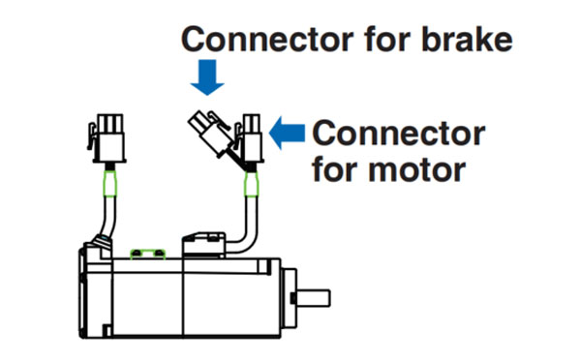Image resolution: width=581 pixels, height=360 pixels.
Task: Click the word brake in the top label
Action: point(467,39)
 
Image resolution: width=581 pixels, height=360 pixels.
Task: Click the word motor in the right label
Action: point(416,170)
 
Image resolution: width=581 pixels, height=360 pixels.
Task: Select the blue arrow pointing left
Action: point(287,133)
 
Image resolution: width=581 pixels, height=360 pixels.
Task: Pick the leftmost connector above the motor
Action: point(107,138)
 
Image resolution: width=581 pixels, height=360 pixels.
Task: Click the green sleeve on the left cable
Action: point(109,183)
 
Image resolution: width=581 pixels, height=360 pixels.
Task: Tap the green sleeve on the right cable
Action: point(251,184)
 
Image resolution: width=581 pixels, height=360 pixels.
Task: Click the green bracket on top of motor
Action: point(148,254)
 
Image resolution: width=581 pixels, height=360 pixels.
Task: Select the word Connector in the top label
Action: point(267,39)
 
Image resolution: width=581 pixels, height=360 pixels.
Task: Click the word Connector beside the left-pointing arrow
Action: point(399,134)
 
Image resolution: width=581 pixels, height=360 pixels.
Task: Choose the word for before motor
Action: point(335,169)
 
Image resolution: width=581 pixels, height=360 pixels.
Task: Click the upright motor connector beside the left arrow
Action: point(250,139)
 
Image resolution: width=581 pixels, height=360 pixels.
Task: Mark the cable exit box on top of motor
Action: point(203,245)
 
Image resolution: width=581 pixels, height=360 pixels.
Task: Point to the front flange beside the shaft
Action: point(289,298)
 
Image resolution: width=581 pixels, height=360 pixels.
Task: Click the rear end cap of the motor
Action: point(95,290)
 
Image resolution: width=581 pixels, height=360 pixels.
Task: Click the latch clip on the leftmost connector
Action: point(92,135)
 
